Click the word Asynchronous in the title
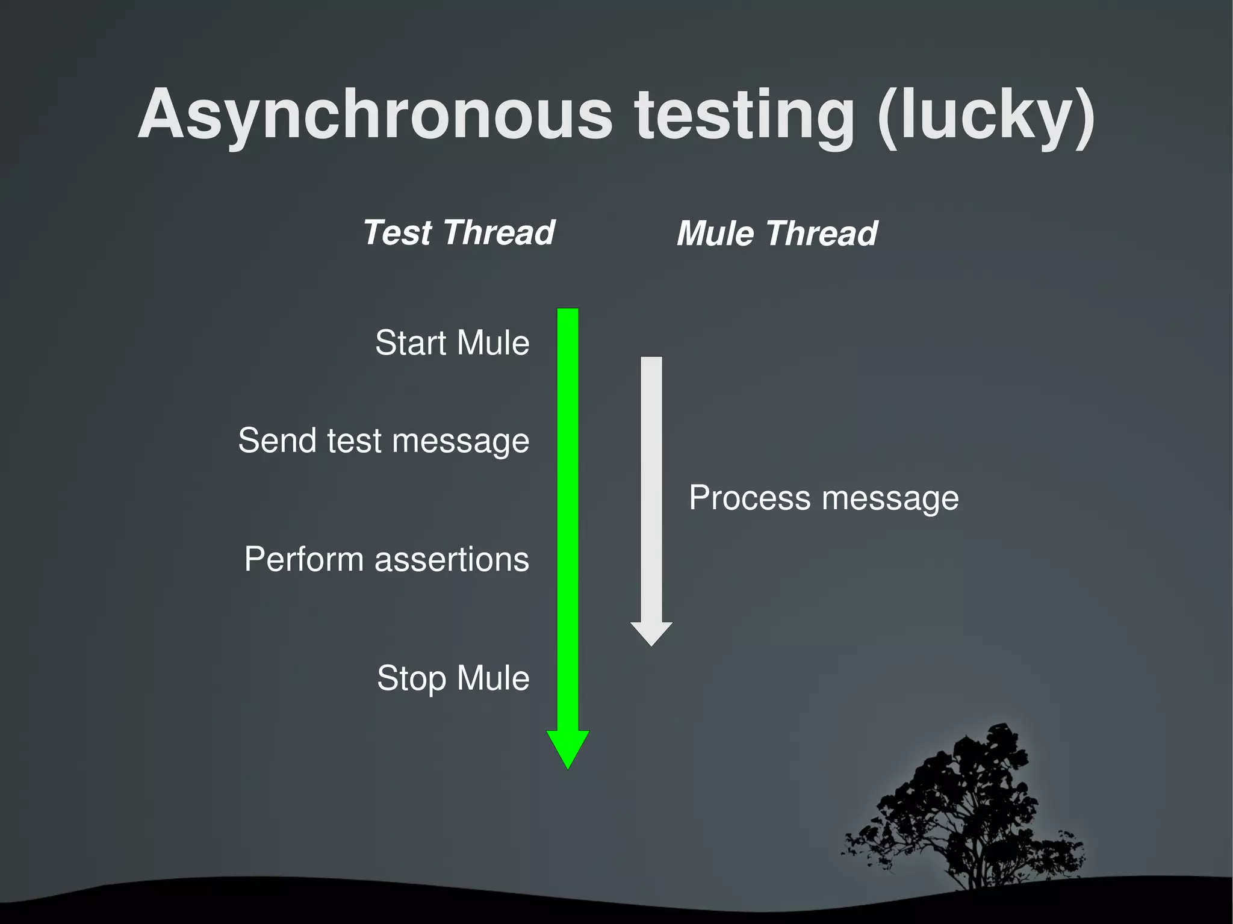pos(374,114)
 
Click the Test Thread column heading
pos(459,232)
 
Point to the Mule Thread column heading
pos(777,234)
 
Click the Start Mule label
pos(452,343)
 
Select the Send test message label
pos(384,440)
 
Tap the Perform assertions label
pos(387,559)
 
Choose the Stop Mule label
pos(453,678)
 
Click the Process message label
pos(824,498)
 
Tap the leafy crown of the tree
pos(963,795)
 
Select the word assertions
pos(452,559)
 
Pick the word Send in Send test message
pos(278,440)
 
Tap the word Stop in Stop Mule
pos(412,678)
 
